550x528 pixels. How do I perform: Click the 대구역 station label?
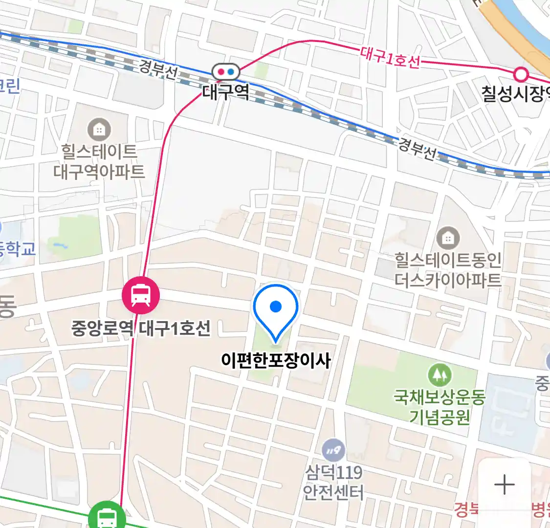click(225, 92)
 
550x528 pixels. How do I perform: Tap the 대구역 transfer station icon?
click(225, 72)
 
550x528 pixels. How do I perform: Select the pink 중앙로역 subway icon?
click(141, 295)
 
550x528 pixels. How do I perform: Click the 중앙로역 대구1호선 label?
click(141, 328)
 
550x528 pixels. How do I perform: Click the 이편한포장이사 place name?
click(276, 361)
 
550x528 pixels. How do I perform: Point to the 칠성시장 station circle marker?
click(522, 75)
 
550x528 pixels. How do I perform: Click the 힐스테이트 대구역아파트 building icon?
click(99, 130)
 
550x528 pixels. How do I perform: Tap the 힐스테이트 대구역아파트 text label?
click(99, 161)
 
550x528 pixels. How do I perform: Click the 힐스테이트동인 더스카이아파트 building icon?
click(448, 238)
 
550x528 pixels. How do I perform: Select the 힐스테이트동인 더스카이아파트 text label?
click(448, 269)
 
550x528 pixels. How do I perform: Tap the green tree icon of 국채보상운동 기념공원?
click(440, 375)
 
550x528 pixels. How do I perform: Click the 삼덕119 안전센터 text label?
click(333, 482)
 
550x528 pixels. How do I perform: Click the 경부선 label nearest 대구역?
click(158, 68)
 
